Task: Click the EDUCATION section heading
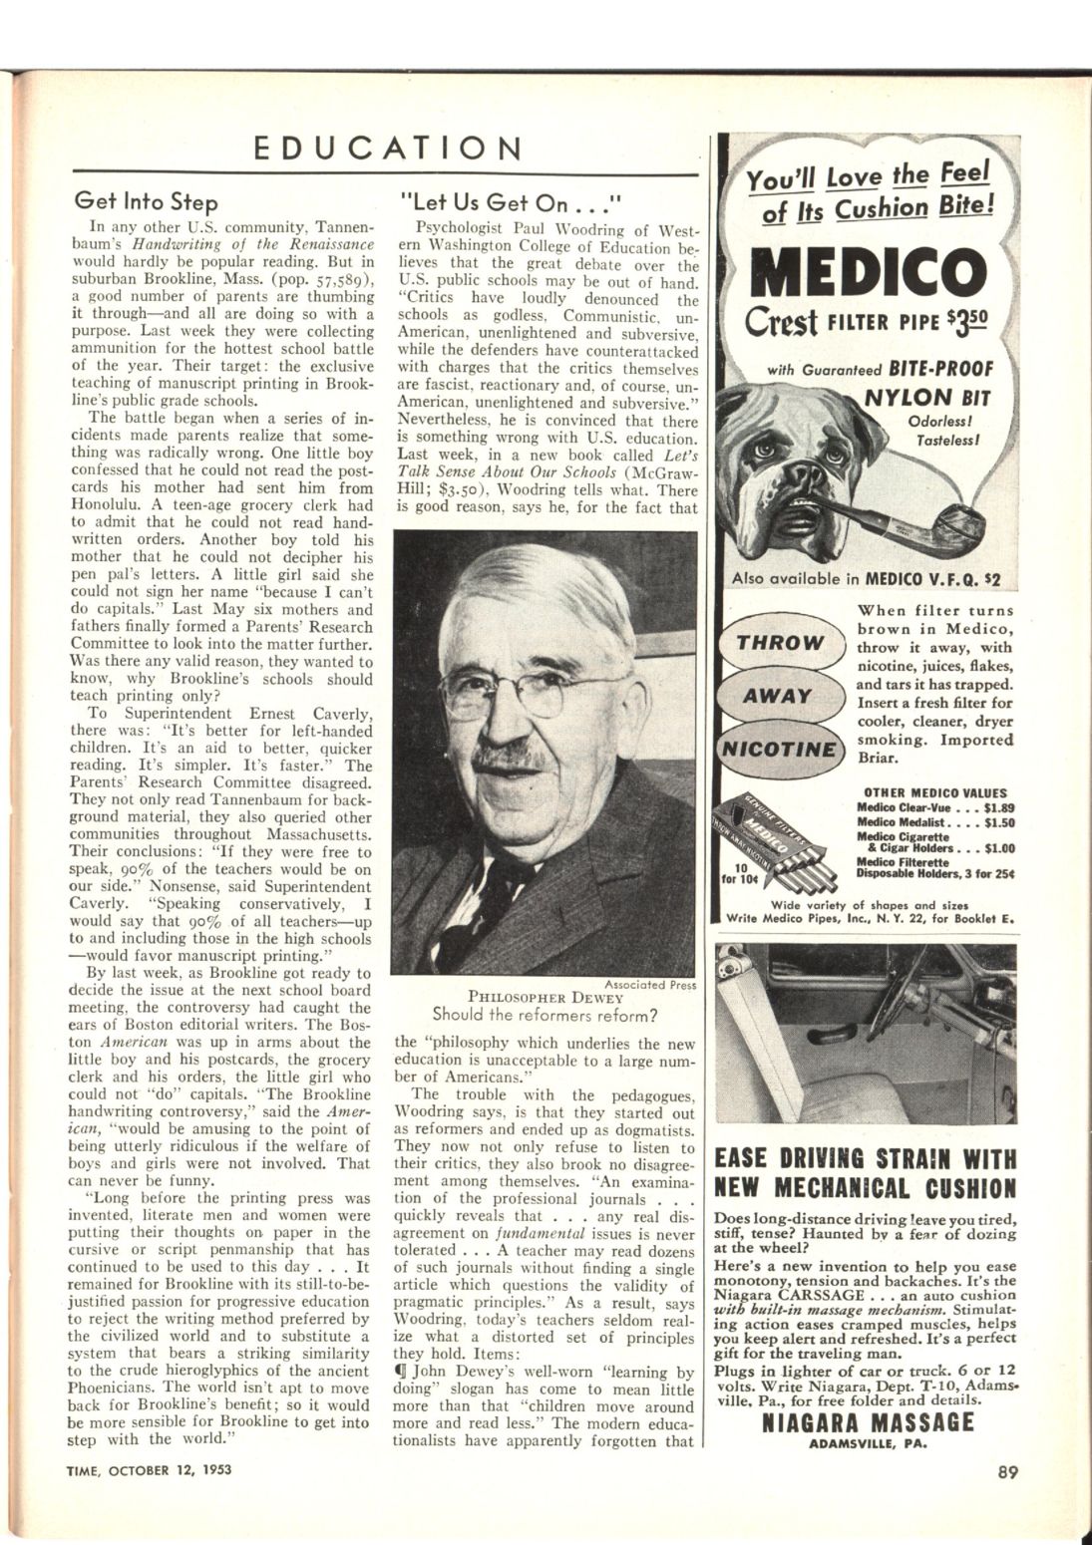[x=388, y=149]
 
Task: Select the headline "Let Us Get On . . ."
[x=510, y=202]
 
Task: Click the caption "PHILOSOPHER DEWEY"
[x=545, y=998]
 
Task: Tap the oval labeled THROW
[x=781, y=643]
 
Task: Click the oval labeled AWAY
[x=780, y=696]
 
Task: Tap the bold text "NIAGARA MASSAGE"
[x=867, y=1421]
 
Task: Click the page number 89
[x=1005, y=1467]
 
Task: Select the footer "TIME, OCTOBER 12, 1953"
[x=150, y=1468]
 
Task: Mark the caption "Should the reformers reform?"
[x=545, y=1015]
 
